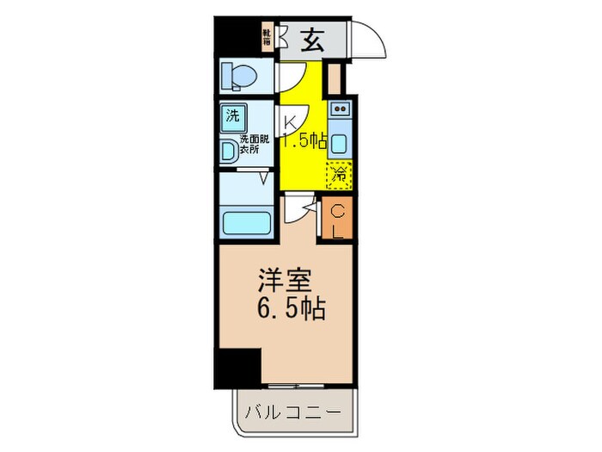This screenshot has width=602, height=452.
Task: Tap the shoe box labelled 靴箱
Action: [x=268, y=37]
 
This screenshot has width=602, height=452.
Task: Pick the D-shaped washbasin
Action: [x=229, y=152]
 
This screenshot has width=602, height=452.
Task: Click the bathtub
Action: [x=246, y=221]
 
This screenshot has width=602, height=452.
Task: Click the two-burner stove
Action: [x=339, y=109]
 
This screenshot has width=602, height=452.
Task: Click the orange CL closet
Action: [x=337, y=220]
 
